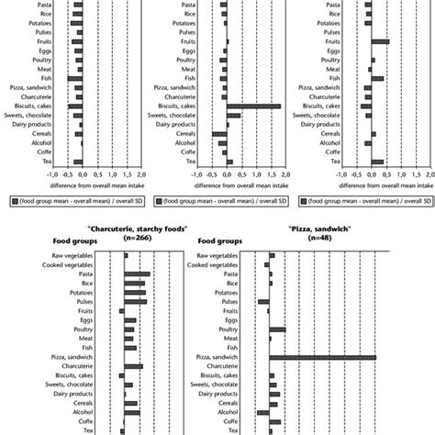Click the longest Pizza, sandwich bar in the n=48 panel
tap(322, 357)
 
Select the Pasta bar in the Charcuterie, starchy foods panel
tap(136, 273)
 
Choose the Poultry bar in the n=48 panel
tap(277, 329)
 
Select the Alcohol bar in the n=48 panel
tap(263, 412)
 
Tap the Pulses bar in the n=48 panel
tap(264, 301)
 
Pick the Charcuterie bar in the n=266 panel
tap(132, 366)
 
